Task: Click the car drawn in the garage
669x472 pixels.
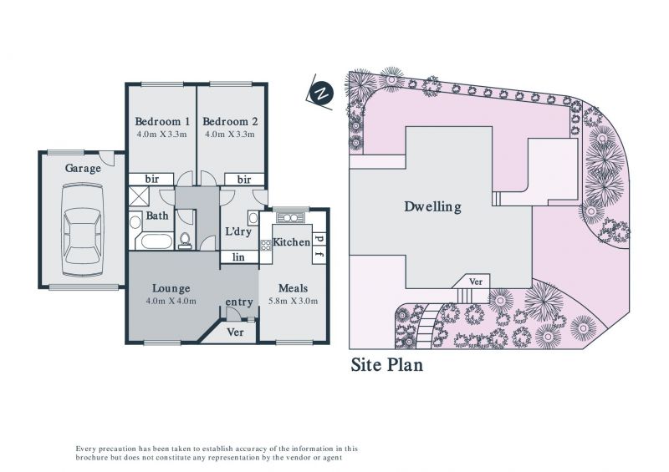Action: [x=83, y=231]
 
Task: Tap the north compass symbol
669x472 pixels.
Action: [x=322, y=94]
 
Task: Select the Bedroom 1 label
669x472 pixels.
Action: [x=162, y=121]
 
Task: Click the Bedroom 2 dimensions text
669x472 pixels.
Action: [x=230, y=134]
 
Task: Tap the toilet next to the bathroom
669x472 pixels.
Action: [x=185, y=240]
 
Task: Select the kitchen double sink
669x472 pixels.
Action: [x=290, y=218]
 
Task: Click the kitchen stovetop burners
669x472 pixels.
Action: [x=266, y=245]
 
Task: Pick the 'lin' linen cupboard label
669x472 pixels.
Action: [x=238, y=256]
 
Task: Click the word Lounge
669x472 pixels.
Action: [x=171, y=289]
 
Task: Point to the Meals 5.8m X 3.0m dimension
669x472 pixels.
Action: [x=294, y=301]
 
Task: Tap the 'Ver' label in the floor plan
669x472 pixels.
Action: [x=235, y=332]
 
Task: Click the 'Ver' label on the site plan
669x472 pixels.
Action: [x=476, y=282]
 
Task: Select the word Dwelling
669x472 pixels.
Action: [x=432, y=207]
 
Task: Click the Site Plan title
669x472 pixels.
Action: [x=387, y=365]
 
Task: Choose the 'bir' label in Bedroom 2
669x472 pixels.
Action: [x=244, y=180]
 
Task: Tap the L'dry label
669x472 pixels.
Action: [x=238, y=231]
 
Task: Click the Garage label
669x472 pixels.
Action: [x=83, y=169]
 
